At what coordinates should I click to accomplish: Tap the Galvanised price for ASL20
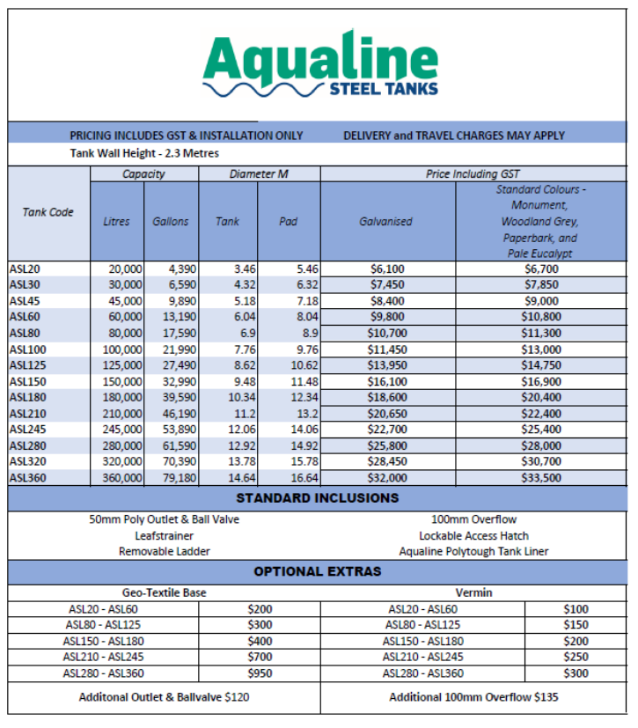[388, 268]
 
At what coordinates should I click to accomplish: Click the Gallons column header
[171, 222]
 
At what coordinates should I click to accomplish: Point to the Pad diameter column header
[289, 222]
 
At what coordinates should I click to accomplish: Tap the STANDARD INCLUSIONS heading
[318, 498]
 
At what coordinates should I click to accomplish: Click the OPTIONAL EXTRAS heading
[318, 571]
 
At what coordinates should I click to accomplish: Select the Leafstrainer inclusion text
[165, 535]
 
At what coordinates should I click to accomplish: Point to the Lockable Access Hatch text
[473, 535]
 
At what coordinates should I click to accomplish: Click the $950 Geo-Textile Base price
[261, 673]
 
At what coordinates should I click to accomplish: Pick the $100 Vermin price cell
[576, 609]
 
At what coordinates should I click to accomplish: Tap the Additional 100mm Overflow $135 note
[473, 697]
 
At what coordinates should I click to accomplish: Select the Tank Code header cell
[48, 212]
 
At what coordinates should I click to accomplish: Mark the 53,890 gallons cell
[171, 429]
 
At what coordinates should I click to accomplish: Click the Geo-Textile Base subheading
[164, 592]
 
